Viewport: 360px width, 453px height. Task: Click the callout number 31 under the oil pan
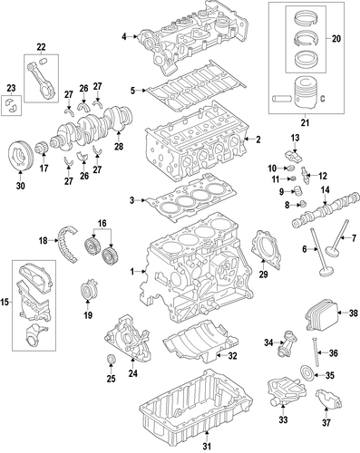[207, 446]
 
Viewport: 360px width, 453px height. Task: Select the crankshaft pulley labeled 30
[20, 156]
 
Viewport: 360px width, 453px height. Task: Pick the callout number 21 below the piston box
[306, 123]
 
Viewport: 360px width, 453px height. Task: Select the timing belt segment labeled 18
[67, 244]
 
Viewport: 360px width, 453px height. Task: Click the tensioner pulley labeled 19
[89, 291]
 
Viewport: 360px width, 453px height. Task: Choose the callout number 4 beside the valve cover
[124, 37]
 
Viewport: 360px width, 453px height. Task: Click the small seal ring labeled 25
[112, 359]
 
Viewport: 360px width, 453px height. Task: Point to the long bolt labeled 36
[315, 352]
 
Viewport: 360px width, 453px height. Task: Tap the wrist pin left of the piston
[282, 99]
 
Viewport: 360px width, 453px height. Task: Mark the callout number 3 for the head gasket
[131, 200]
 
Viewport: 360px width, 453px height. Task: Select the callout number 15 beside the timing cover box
[5, 302]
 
